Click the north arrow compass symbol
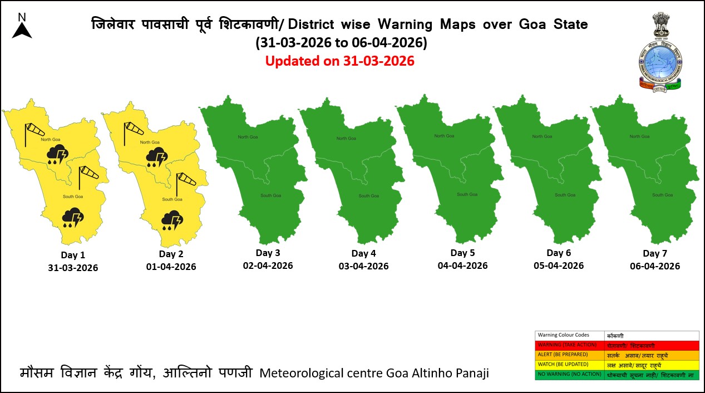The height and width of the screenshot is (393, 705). click(x=22, y=26)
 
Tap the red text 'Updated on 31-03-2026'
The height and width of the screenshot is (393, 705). click(x=339, y=61)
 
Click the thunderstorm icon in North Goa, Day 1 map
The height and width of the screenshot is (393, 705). click(x=58, y=154)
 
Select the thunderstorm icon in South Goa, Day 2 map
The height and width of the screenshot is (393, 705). click(x=172, y=220)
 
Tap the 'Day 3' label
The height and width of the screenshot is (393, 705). click(x=268, y=253)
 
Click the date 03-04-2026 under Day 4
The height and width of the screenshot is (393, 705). click(x=363, y=266)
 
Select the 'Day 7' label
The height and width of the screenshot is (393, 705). click(x=655, y=253)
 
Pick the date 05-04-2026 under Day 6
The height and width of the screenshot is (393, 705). click(x=559, y=266)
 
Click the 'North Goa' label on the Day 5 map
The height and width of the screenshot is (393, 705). click(x=443, y=136)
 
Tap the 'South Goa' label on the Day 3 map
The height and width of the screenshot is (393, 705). click(x=271, y=195)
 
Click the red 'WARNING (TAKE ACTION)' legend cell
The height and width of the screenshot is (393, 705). click(x=570, y=345)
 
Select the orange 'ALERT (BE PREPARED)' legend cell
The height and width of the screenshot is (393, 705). click(x=570, y=355)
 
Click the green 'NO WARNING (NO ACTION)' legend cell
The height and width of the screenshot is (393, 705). click(x=570, y=375)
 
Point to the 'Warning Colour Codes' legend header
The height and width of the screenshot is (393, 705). click(x=563, y=335)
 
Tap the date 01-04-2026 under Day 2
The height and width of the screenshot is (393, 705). click(x=171, y=267)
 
